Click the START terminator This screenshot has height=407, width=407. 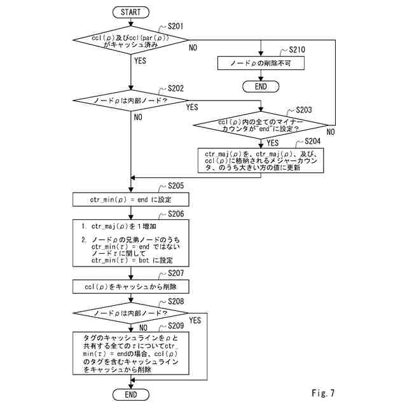click(x=130, y=12)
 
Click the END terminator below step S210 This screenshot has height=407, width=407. click(x=261, y=86)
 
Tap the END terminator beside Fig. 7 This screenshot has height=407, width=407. click(x=130, y=395)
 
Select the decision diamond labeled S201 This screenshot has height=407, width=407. click(x=130, y=39)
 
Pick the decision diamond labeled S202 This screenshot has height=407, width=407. click(x=130, y=100)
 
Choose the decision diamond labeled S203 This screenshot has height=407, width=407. click(x=261, y=125)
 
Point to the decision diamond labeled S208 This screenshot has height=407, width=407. click(x=130, y=314)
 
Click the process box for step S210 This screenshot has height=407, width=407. click(x=261, y=63)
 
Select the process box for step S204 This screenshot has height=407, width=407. click(x=261, y=160)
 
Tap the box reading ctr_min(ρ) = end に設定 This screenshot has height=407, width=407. click(x=130, y=198)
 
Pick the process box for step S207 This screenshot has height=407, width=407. click(x=130, y=286)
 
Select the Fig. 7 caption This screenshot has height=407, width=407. click(x=323, y=393)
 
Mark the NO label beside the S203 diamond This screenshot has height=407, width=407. click(x=330, y=132)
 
